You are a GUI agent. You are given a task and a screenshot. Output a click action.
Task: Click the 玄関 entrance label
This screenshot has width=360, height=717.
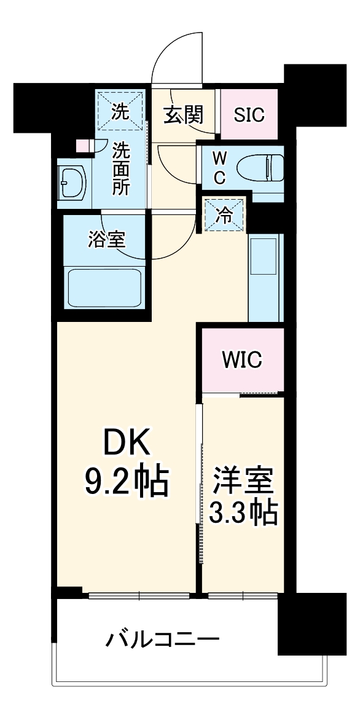[183, 114]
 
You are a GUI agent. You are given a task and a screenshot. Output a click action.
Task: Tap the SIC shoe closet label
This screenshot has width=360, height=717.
[249, 115]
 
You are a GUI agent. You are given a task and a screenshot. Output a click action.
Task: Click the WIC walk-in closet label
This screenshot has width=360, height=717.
[242, 359]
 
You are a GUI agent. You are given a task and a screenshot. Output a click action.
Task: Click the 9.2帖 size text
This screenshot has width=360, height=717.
[125, 483]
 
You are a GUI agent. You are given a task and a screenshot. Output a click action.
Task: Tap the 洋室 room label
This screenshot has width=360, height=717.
[243, 481]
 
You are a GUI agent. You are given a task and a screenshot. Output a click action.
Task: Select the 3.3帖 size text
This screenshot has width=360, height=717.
[243, 513]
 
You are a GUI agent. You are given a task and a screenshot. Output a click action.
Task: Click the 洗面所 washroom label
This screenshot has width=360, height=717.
[120, 168]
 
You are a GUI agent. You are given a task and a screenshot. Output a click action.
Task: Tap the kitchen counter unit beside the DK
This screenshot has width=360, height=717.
[265, 276]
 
